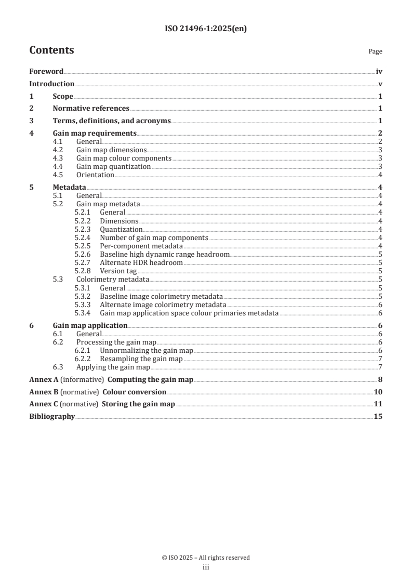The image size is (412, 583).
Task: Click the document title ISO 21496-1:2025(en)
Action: [206, 29]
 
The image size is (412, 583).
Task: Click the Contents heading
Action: [51, 50]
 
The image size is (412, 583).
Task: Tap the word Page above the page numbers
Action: [375, 51]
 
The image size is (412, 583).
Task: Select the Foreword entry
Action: [46, 72]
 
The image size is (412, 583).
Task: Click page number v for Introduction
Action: [380, 84]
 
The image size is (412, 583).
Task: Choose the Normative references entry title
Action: [91, 109]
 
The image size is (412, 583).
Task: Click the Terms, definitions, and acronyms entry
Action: [112, 121]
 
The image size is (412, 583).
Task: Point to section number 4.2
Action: [60, 150]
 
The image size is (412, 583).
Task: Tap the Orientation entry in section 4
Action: [95, 175]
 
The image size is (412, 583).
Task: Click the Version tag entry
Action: [118, 271]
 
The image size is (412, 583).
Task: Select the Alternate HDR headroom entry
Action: [141, 262]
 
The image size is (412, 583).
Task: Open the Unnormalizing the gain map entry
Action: [146, 351]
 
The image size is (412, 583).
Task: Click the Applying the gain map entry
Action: [109, 367]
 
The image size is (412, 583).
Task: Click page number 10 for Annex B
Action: [378, 392]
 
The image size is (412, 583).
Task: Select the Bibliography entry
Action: [52, 417]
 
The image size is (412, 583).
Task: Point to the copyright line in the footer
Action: [206, 558]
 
